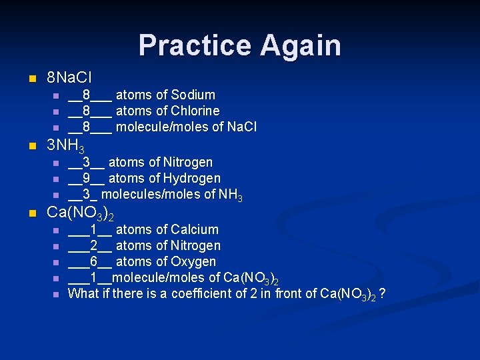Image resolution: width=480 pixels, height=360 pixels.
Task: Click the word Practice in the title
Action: pos(195,45)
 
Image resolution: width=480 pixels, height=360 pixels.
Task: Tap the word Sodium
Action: pos(193,95)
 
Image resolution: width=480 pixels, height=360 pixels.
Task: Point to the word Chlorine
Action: pos(195,111)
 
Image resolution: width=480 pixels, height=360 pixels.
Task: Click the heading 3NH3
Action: pos(65,145)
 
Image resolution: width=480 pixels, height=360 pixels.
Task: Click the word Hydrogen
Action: pos(191,178)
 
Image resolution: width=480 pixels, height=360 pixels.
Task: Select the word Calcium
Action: pos(195,229)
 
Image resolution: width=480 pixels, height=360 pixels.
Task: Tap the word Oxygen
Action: pos(193,261)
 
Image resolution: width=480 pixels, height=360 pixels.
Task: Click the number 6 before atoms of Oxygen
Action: pos(94,261)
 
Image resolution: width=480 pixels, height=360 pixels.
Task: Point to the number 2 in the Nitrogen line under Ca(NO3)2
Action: pos(94,245)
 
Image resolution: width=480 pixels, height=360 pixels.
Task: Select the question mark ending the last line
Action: pos(383,293)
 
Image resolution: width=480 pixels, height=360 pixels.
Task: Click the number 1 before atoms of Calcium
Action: pos(94,229)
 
